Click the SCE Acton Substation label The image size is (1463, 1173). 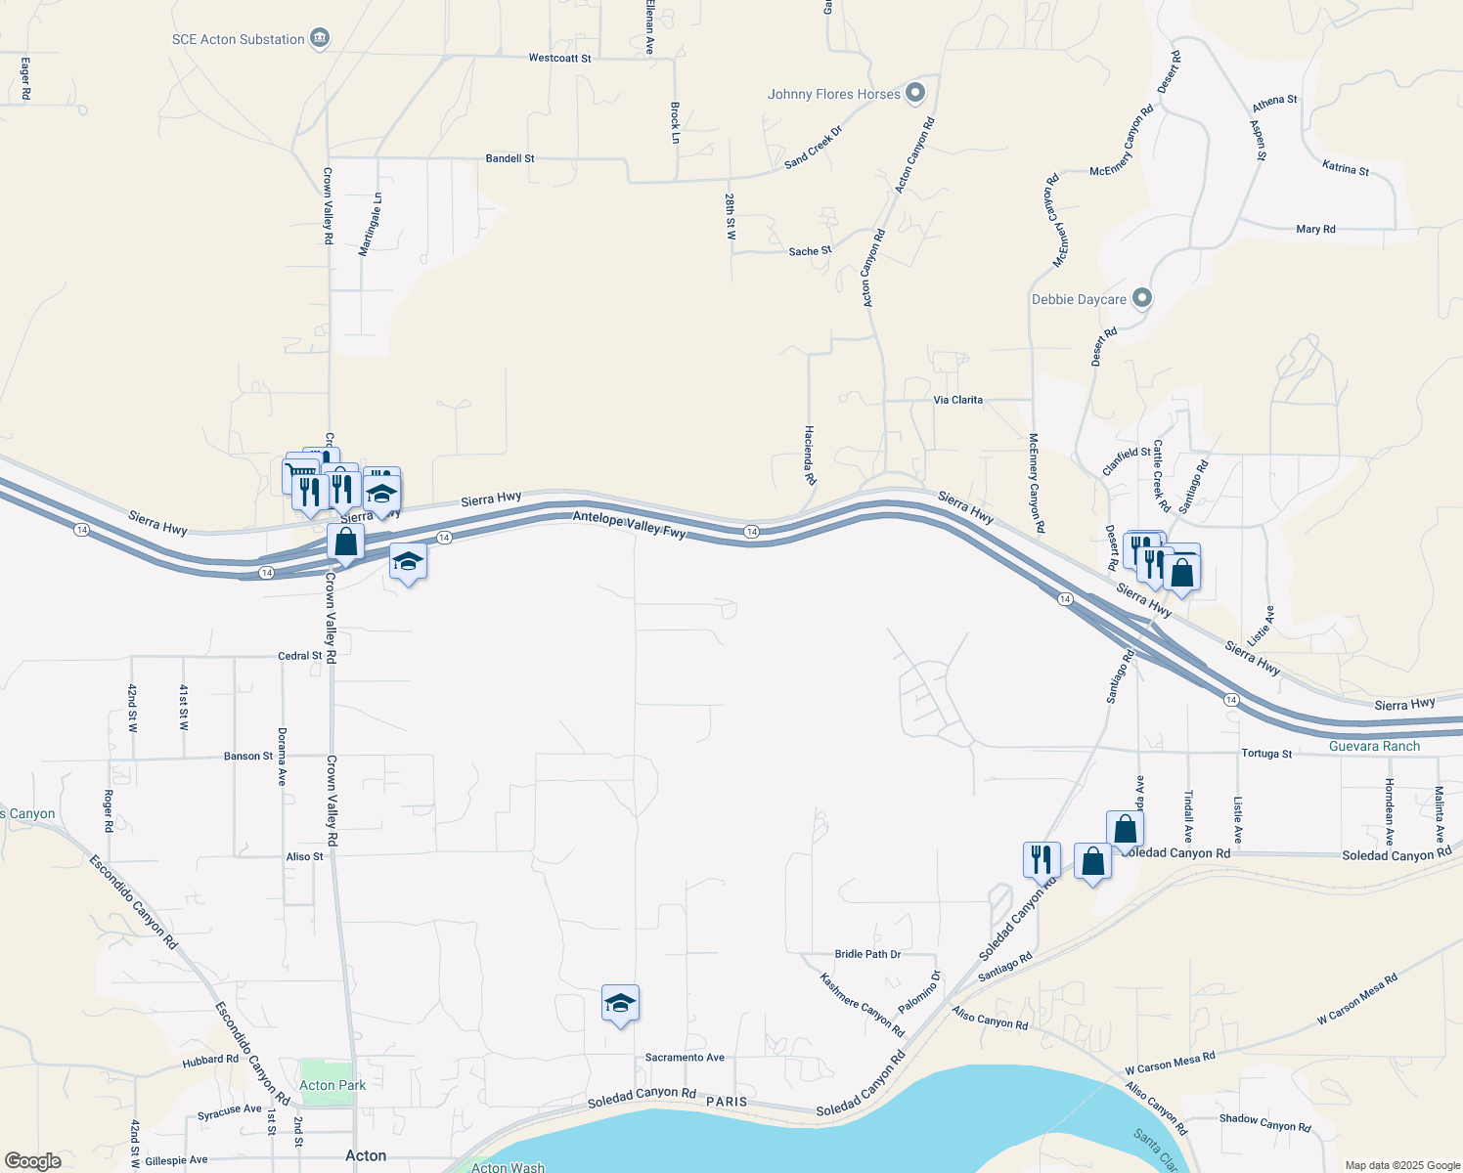pos(238,39)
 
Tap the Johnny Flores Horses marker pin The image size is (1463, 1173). pos(915,94)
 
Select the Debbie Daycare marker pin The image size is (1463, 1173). pos(1142,298)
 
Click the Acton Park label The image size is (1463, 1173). pos(332,1085)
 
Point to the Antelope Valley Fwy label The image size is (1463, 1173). pos(630,525)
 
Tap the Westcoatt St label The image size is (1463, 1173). pos(559,59)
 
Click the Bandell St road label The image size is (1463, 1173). pos(510,158)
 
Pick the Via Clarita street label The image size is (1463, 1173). pos(957,400)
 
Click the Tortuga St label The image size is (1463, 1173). pos(1266,754)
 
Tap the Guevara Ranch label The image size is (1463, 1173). pos(1374,746)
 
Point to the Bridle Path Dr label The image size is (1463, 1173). pos(867,954)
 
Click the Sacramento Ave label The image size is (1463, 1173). pos(685,1058)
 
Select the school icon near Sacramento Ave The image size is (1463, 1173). pos(620,1004)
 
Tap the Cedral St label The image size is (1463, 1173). pos(299,656)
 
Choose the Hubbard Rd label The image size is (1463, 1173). pos(210,1060)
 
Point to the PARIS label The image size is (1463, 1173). pos(727,1102)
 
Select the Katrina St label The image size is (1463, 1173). pos(1345,168)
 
